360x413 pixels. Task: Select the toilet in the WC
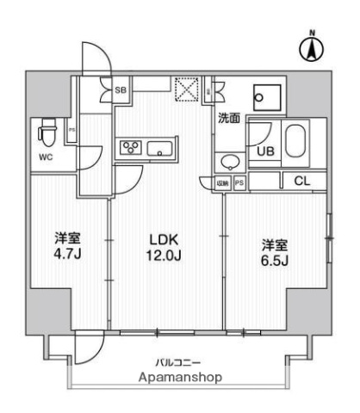click(47, 133)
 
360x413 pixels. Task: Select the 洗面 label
click(228, 119)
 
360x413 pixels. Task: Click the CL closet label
click(301, 181)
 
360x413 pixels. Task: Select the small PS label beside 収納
click(239, 182)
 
